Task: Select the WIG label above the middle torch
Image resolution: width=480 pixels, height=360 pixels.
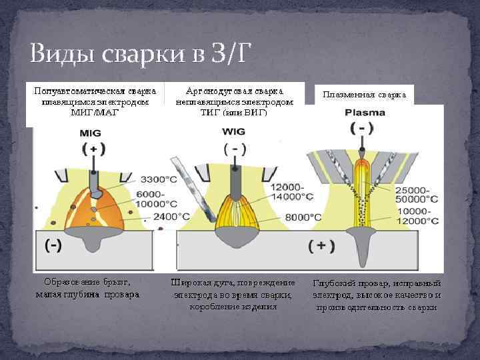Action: (x=235, y=131)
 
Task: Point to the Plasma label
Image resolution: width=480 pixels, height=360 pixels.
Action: (x=365, y=113)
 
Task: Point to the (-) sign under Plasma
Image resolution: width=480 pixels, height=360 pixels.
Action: (x=361, y=127)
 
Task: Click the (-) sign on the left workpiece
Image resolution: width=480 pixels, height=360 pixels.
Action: (x=53, y=245)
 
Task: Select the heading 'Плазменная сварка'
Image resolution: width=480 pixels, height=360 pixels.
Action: (x=364, y=95)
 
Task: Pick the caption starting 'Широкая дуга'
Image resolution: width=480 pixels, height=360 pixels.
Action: (x=233, y=294)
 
